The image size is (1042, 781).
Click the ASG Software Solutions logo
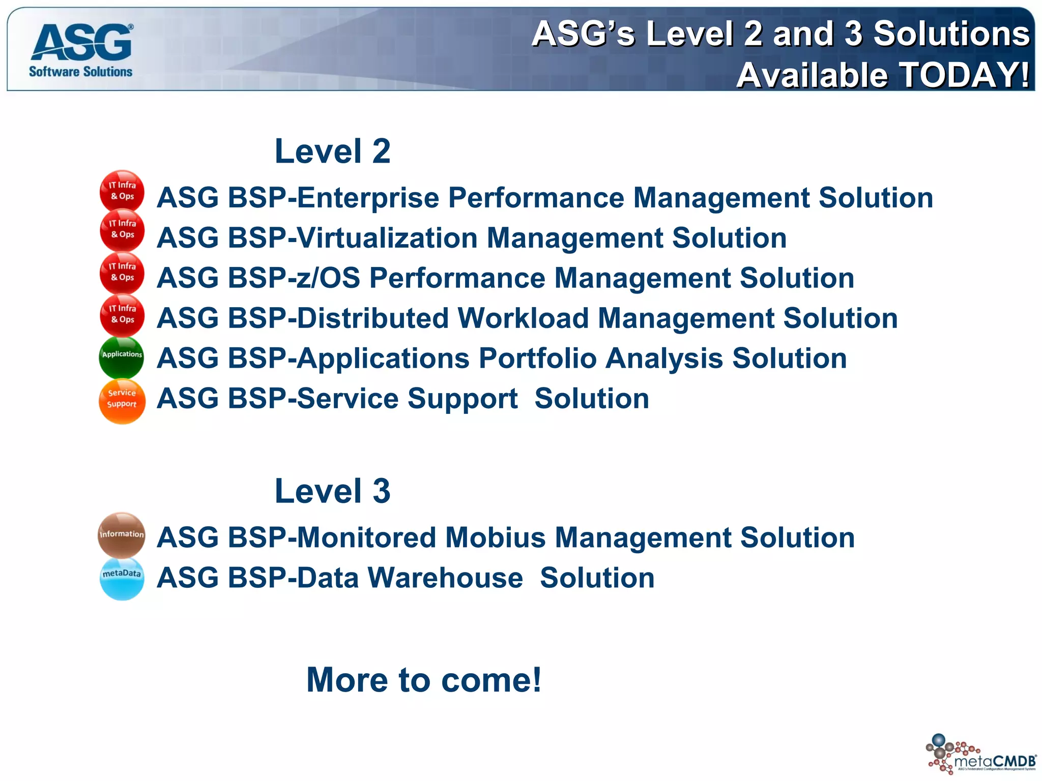pos(81,50)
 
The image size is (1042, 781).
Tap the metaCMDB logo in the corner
pos(981,754)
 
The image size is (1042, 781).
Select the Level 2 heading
pos(332,151)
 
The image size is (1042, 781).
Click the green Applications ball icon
pos(122,357)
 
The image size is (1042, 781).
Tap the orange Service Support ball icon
pos(122,401)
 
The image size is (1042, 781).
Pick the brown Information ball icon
pos(122,535)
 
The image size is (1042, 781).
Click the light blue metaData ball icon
pos(122,578)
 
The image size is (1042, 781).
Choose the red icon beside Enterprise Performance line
pos(122,191)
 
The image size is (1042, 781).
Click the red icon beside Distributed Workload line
pos(122,315)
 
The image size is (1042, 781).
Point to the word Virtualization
pos(387,238)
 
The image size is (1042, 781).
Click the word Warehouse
pos(445,578)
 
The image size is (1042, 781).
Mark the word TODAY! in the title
pos(965,75)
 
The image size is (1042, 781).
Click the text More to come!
pos(424,680)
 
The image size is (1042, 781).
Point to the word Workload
pos(523,318)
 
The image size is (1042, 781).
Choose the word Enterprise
pos(368,198)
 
